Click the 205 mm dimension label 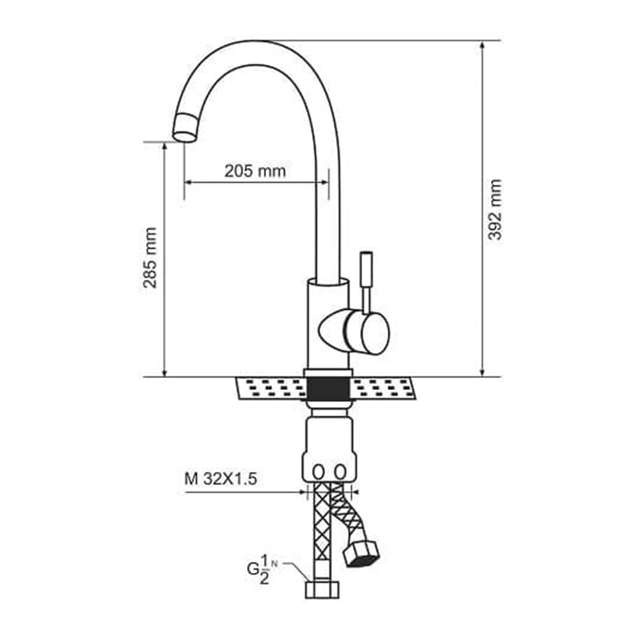(x=254, y=171)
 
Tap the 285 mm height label (x=150, y=258)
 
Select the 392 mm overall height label (x=495, y=210)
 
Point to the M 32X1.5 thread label (x=221, y=479)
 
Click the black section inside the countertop (x=328, y=388)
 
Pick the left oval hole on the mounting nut (x=318, y=472)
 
